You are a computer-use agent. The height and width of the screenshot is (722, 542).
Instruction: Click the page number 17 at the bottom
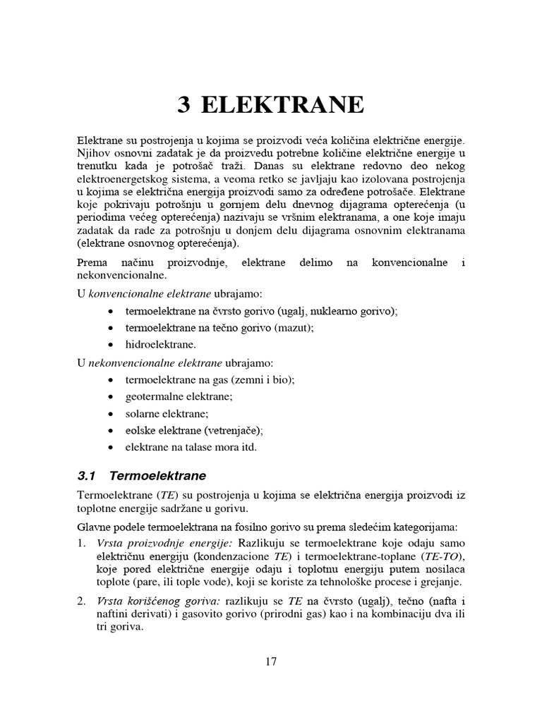click(271, 661)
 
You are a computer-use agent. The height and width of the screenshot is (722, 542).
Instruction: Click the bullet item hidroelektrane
click(161, 345)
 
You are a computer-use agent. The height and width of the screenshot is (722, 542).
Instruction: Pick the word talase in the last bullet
click(201, 447)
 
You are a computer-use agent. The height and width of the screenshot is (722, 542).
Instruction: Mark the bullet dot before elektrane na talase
click(112, 448)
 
